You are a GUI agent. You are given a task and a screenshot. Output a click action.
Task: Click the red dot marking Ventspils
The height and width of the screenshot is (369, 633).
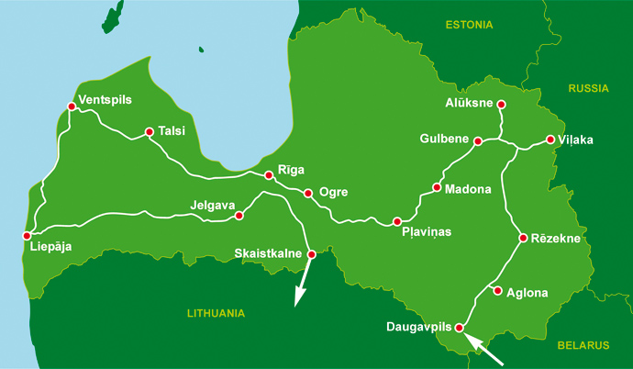(72, 106)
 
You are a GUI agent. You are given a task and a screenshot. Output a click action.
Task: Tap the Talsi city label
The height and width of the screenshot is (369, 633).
(172, 131)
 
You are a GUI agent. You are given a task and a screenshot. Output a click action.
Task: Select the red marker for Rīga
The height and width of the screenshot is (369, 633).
(269, 175)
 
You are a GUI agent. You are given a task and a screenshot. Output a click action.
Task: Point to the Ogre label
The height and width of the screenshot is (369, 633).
(333, 193)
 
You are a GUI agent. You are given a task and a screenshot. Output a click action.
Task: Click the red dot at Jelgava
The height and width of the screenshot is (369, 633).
(239, 216)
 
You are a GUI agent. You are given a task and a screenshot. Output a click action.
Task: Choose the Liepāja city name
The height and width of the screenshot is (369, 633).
(50, 246)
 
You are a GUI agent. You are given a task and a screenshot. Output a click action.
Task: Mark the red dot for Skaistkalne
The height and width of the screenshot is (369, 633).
(311, 254)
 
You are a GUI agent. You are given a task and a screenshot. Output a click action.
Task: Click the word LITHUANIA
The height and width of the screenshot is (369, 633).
(216, 313)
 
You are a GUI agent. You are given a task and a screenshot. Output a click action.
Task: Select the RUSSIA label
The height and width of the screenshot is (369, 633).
(589, 89)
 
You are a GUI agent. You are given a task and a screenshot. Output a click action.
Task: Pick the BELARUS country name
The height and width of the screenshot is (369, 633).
(583, 345)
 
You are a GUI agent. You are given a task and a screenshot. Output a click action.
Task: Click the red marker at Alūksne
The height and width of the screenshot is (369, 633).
(501, 105)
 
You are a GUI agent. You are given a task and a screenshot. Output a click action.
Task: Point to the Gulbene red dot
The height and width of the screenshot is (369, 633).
(478, 140)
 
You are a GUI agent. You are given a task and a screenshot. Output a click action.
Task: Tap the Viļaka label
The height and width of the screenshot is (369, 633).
(576, 140)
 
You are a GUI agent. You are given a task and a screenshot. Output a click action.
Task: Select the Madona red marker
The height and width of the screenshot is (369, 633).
(437, 189)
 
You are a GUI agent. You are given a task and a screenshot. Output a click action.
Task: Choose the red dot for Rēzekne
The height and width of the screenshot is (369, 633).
(523, 239)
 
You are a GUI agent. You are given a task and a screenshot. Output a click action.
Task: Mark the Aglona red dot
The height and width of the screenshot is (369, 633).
(497, 292)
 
